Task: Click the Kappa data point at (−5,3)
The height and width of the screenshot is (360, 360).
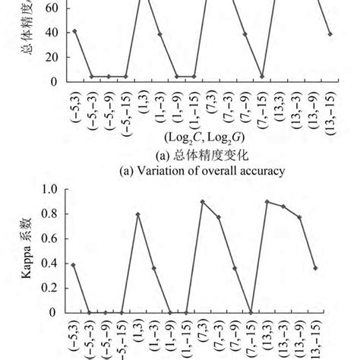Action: (x=73, y=264)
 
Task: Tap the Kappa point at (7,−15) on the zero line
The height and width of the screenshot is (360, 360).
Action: (x=251, y=312)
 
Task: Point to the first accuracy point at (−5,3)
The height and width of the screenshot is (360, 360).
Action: (x=73, y=31)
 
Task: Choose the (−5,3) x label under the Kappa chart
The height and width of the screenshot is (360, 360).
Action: (x=73, y=337)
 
